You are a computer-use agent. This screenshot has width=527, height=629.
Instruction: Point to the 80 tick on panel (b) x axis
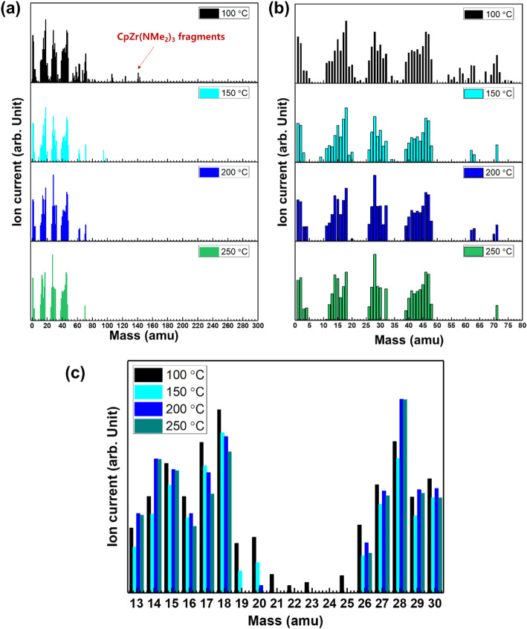pos(521,325)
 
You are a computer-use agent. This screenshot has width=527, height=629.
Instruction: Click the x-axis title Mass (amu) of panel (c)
pos(287,619)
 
